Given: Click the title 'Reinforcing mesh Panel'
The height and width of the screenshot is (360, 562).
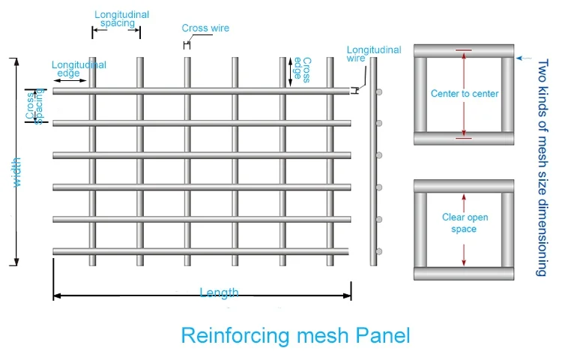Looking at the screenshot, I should click(295, 334).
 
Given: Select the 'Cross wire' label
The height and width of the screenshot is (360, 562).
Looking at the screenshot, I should click(205, 28).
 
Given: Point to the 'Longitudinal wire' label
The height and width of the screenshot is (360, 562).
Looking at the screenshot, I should click(373, 55).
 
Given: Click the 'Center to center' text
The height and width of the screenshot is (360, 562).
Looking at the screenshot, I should click(465, 94).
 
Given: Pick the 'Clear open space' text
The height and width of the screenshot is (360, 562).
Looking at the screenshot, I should click(465, 223).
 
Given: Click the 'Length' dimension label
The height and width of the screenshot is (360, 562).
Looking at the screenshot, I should click(219, 292).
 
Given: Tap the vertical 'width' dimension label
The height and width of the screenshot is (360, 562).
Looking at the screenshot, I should click(16, 171).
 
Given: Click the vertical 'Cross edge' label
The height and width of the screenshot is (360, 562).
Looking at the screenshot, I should click(301, 69).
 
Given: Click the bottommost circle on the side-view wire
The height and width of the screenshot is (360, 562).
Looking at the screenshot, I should click(380, 251).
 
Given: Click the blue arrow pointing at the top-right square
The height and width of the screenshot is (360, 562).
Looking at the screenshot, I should click(525, 57).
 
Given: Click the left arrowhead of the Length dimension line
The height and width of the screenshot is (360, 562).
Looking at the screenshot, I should click(56, 296).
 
